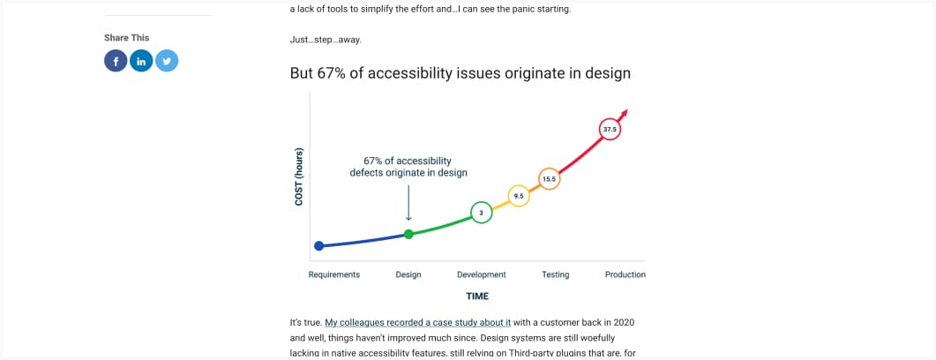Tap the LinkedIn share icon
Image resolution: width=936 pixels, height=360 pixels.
coord(142,61)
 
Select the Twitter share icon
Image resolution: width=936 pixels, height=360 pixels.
coord(168,61)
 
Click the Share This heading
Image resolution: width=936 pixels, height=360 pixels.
coord(126,38)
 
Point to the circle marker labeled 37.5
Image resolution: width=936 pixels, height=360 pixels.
coord(610,130)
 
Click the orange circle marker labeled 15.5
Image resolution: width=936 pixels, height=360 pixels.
coord(548,179)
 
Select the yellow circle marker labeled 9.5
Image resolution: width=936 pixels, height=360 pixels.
coord(519,196)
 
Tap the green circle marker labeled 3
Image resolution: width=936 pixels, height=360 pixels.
coord(481,213)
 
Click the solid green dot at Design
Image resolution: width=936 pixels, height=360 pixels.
coord(408,234)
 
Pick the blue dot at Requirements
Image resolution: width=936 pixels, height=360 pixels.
coord(319,246)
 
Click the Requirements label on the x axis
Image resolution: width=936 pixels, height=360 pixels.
coord(333,274)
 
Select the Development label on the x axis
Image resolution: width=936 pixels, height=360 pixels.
coord(481,274)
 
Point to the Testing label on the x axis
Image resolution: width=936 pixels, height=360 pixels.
coord(555,274)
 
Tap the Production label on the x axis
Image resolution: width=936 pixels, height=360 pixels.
coord(625,274)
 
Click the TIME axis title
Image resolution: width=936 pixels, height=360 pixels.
coord(477,296)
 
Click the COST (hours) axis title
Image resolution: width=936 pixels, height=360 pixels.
coord(299,176)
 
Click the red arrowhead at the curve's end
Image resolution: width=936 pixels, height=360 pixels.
coord(625,112)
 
